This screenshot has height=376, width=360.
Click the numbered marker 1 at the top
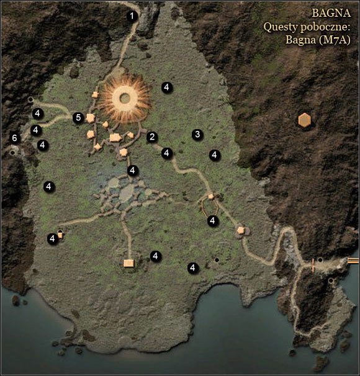(132, 16)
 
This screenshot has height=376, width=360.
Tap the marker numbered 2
(152, 138)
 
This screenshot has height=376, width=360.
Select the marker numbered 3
(197, 134)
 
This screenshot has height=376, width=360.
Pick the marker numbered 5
(78, 117)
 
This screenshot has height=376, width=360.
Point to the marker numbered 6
(14, 138)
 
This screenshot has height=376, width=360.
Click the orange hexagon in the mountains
(304, 120)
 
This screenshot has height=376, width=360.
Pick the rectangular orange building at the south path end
(128, 263)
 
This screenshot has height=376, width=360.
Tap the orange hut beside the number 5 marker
(91, 118)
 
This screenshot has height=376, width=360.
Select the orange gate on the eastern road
(313, 266)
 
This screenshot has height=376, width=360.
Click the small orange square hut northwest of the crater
(96, 95)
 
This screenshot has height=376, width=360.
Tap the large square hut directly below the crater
(114, 138)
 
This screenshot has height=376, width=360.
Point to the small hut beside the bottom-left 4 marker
(61, 234)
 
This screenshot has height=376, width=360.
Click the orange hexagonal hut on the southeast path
(241, 230)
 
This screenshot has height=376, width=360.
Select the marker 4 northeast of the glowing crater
(166, 87)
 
